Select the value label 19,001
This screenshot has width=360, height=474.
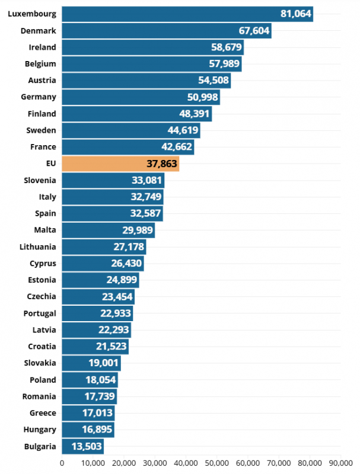pyautogui.click(x=104, y=363)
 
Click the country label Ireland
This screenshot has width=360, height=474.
pyautogui.click(x=42, y=47)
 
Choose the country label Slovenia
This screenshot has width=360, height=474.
pyautogui.click(x=40, y=180)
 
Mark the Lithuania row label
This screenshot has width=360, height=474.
pyautogui.click(x=37, y=247)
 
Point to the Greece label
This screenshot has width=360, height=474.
pyautogui.click(x=43, y=413)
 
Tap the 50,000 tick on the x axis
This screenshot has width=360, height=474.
pyautogui.click(x=217, y=463)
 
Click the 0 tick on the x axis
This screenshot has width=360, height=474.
pyautogui.click(x=62, y=463)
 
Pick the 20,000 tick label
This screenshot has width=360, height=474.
pyautogui.click(x=124, y=463)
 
